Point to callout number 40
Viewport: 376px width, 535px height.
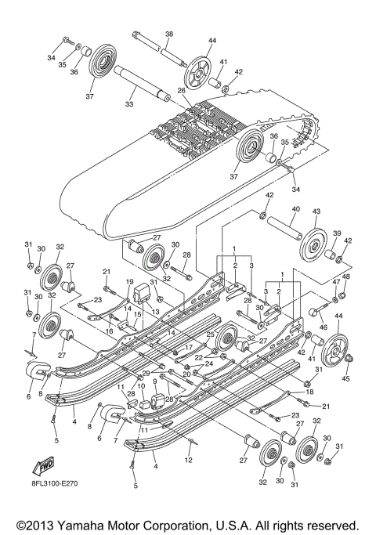[296, 209]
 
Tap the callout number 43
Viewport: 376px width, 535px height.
[318, 212]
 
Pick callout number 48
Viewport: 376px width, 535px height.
[347, 277]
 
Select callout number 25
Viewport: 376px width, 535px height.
[211, 334]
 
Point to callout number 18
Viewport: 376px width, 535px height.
[309, 391]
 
